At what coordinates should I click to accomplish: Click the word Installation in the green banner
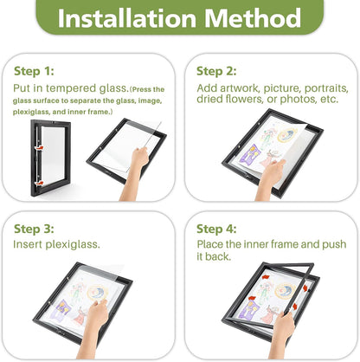tap(127, 18)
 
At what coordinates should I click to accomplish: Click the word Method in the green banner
tap(253, 18)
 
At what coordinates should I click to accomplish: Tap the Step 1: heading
tap(34, 71)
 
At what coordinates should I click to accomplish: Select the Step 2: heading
tap(216, 71)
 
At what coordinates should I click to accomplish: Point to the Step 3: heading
tap(34, 229)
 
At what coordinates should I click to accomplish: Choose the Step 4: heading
tap(216, 229)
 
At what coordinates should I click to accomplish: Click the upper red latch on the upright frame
tap(39, 148)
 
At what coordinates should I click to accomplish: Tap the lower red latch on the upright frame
tap(39, 183)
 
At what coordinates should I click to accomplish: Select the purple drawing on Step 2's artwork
tap(250, 153)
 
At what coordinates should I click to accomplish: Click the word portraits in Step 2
tap(326, 88)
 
